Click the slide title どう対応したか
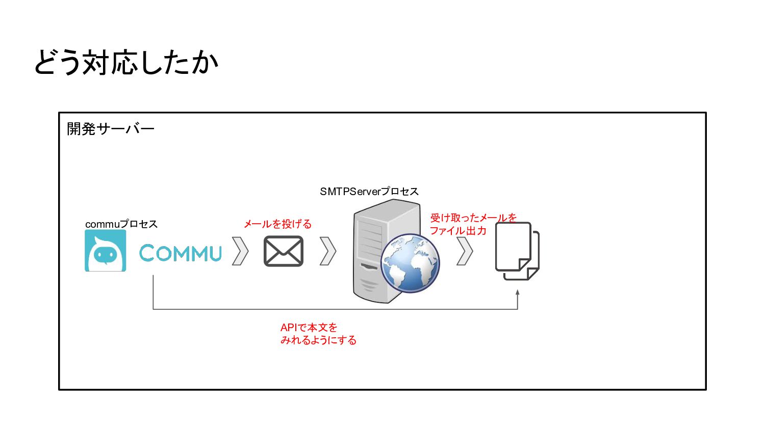click(x=126, y=63)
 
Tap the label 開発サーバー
click(x=110, y=129)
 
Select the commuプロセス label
click(x=121, y=224)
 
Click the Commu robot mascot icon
click(x=106, y=251)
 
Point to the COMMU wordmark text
click(x=181, y=253)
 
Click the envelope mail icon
click(x=284, y=251)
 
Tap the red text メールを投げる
click(x=277, y=224)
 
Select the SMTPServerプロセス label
click(x=369, y=192)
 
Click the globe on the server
click(x=410, y=263)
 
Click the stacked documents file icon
click(x=517, y=251)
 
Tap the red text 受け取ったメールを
click(x=473, y=218)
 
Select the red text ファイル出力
click(x=458, y=231)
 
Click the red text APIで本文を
click(x=309, y=328)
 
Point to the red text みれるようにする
click(x=318, y=340)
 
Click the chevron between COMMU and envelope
click(x=240, y=251)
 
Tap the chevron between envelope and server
click(x=328, y=251)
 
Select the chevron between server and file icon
click(x=465, y=251)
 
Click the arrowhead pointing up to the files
click(x=518, y=293)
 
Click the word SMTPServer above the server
click(x=350, y=192)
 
